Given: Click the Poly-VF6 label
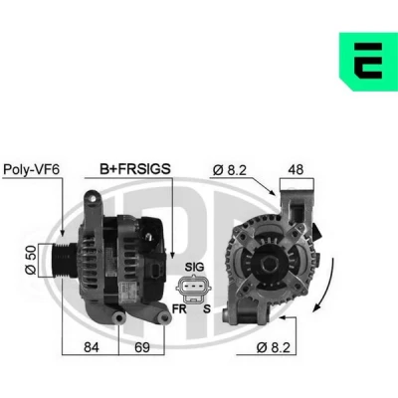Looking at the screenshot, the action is click(x=31, y=169).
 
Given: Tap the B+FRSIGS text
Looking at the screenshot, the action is click(x=135, y=169).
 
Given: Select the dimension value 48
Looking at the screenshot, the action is click(x=296, y=169).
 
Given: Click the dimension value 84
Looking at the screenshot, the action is click(x=92, y=347).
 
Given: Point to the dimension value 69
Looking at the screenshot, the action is click(x=142, y=347).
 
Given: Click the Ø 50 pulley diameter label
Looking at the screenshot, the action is click(x=31, y=260).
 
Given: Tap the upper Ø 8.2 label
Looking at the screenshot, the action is click(x=230, y=170).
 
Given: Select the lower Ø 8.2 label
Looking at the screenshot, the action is click(x=274, y=347).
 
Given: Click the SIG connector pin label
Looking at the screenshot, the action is click(x=194, y=267).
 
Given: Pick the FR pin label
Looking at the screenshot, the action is click(x=179, y=309).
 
